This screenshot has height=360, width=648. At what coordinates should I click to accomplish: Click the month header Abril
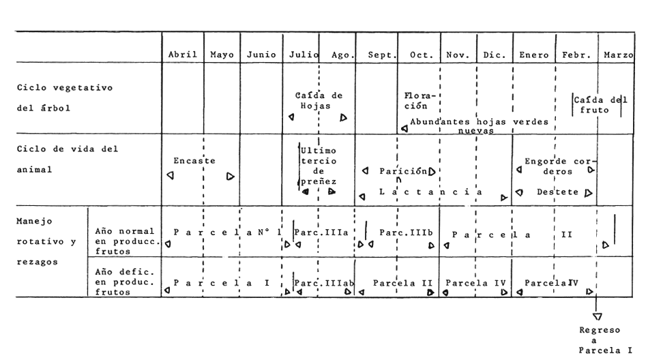(x=182, y=55)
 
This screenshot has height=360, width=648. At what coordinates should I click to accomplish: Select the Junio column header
(x=261, y=55)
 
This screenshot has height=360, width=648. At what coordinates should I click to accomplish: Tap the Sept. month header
(x=382, y=55)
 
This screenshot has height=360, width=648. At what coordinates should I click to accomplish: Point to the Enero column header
(x=534, y=55)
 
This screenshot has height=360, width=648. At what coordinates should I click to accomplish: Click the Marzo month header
(x=618, y=55)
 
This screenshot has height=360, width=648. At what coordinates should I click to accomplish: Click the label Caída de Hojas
(x=319, y=100)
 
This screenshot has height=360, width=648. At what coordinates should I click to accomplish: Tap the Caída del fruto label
(x=600, y=105)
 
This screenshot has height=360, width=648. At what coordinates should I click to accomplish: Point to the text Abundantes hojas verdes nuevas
(x=479, y=126)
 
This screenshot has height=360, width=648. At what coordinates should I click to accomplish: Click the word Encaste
(x=194, y=161)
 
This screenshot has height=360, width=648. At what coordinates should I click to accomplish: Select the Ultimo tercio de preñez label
(x=319, y=166)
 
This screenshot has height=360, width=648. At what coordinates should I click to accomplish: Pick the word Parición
(x=403, y=171)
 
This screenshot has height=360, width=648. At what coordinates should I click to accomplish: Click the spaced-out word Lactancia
(x=430, y=192)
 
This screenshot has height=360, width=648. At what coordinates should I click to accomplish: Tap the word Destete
(x=557, y=192)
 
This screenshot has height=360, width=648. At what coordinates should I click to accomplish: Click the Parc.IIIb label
(x=406, y=232)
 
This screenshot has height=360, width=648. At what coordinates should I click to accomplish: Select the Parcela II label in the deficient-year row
(x=402, y=283)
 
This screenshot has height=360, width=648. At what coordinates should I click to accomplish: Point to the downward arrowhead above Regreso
(x=597, y=316)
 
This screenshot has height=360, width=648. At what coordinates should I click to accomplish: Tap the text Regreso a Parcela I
(x=605, y=340)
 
